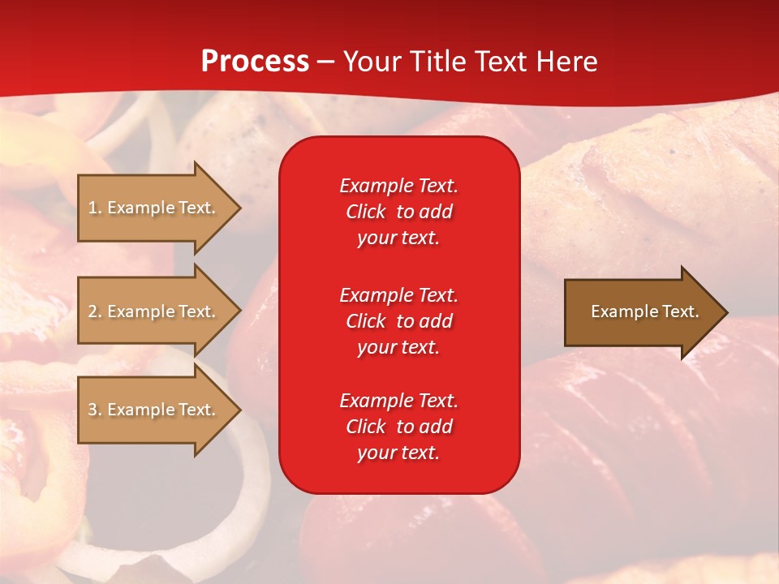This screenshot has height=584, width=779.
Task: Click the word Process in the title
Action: [x=255, y=62]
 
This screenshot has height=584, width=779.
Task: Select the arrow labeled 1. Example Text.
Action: [x=154, y=208]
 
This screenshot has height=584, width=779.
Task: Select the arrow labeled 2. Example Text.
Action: [x=154, y=311]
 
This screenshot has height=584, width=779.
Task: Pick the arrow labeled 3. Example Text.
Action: [x=154, y=410]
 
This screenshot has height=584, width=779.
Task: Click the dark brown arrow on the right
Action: [x=641, y=312]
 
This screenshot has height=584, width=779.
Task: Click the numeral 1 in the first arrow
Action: [x=93, y=208]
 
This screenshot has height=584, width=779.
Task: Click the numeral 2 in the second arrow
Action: [x=93, y=311]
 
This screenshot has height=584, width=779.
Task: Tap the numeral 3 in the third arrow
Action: [x=93, y=410]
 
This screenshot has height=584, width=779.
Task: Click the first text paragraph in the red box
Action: [x=398, y=212]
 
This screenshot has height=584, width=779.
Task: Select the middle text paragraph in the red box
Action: [x=398, y=321]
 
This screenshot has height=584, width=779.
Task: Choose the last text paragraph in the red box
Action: [x=398, y=427]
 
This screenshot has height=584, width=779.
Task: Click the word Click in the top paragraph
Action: [x=366, y=212]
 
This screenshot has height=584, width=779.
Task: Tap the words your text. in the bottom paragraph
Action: [x=398, y=453]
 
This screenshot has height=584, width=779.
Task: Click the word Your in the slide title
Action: [x=370, y=62]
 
